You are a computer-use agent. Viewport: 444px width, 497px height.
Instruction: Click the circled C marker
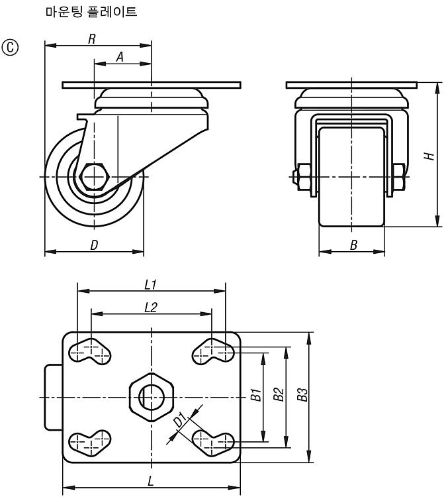pos(10,48)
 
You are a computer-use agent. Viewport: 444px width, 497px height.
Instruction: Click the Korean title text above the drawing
pos(91,12)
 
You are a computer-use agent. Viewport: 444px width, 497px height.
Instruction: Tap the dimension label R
pos(92,39)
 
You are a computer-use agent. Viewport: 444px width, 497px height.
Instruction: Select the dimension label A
pos(120,58)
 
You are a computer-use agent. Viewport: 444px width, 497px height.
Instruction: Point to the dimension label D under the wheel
pos(94,245)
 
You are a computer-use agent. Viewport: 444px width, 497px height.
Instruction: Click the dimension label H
pos(429,156)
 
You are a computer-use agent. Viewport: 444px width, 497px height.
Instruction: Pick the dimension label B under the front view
pos(353,245)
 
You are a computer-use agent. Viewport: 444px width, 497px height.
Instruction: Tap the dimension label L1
pos(151,285)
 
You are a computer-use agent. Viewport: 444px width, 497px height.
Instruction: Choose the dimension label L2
pos(151,307)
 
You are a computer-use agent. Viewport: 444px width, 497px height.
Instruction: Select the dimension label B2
pos(279,394)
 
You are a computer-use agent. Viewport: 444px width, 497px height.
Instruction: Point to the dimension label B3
pos(302,394)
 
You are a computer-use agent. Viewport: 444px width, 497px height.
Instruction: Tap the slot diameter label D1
pos(180,420)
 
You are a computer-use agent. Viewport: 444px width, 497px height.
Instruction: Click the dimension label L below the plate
pos(151,482)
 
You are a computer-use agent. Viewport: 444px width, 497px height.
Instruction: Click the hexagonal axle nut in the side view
pos(94,176)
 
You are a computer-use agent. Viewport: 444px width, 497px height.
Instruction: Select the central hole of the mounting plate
pos(152,397)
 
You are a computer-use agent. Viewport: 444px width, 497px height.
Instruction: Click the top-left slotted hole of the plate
pos(90,352)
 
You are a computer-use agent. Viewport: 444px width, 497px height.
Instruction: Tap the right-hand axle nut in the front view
pos(398,177)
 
